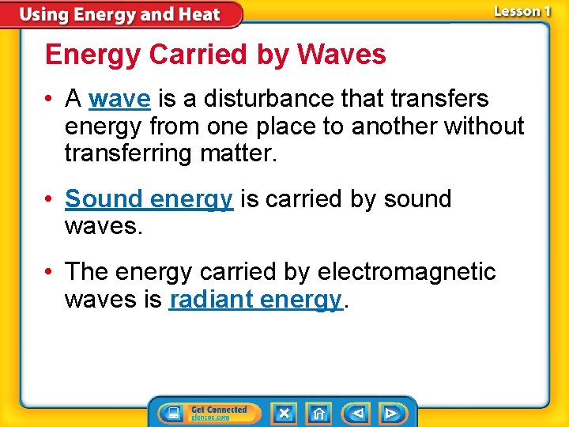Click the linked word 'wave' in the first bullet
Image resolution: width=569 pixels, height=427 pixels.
[x=119, y=99]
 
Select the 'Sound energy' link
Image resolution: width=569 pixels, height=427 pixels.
[x=149, y=199]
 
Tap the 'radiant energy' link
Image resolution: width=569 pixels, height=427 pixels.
[x=255, y=299]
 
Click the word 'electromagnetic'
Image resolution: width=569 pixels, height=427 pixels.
[x=406, y=272]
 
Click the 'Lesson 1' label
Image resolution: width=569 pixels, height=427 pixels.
[x=522, y=11]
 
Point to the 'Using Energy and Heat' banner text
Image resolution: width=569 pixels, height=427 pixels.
[x=120, y=14]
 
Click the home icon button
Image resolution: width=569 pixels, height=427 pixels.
[x=319, y=413]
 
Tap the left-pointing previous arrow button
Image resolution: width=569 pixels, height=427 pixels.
[x=357, y=413]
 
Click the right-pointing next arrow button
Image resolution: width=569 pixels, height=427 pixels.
[x=390, y=413]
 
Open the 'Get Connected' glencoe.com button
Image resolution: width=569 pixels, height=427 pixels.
[x=218, y=413]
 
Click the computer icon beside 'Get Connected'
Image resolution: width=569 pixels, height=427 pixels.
[x=171, y=413]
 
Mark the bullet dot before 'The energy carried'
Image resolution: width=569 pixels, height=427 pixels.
[x=51, y=273]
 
